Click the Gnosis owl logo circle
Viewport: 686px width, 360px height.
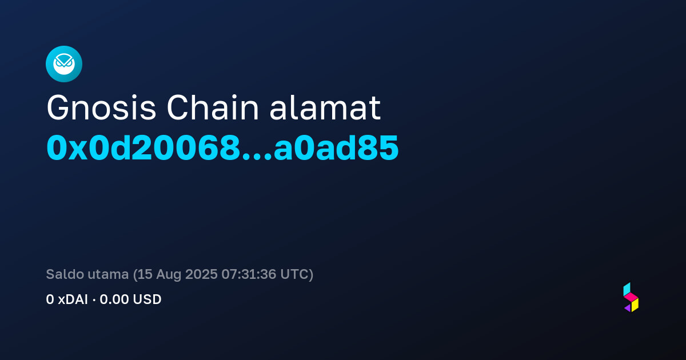64,64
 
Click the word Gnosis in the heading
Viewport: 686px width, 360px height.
101,108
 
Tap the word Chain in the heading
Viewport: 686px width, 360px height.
213,107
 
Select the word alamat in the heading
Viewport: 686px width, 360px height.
325,107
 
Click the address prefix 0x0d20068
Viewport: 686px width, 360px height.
143,148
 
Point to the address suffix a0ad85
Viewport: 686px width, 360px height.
336,148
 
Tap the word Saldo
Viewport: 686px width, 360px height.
65,274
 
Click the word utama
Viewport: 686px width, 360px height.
108,275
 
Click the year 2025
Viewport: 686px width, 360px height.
201,274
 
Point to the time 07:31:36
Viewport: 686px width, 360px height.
249,274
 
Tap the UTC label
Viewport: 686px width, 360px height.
294,274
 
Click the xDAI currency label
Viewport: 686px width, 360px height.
73,299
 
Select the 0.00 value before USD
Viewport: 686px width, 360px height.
114,299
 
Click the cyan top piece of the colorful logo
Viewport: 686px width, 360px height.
627,289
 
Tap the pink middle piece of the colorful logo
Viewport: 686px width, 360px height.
631,297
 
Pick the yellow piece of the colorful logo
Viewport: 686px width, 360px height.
635,305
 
